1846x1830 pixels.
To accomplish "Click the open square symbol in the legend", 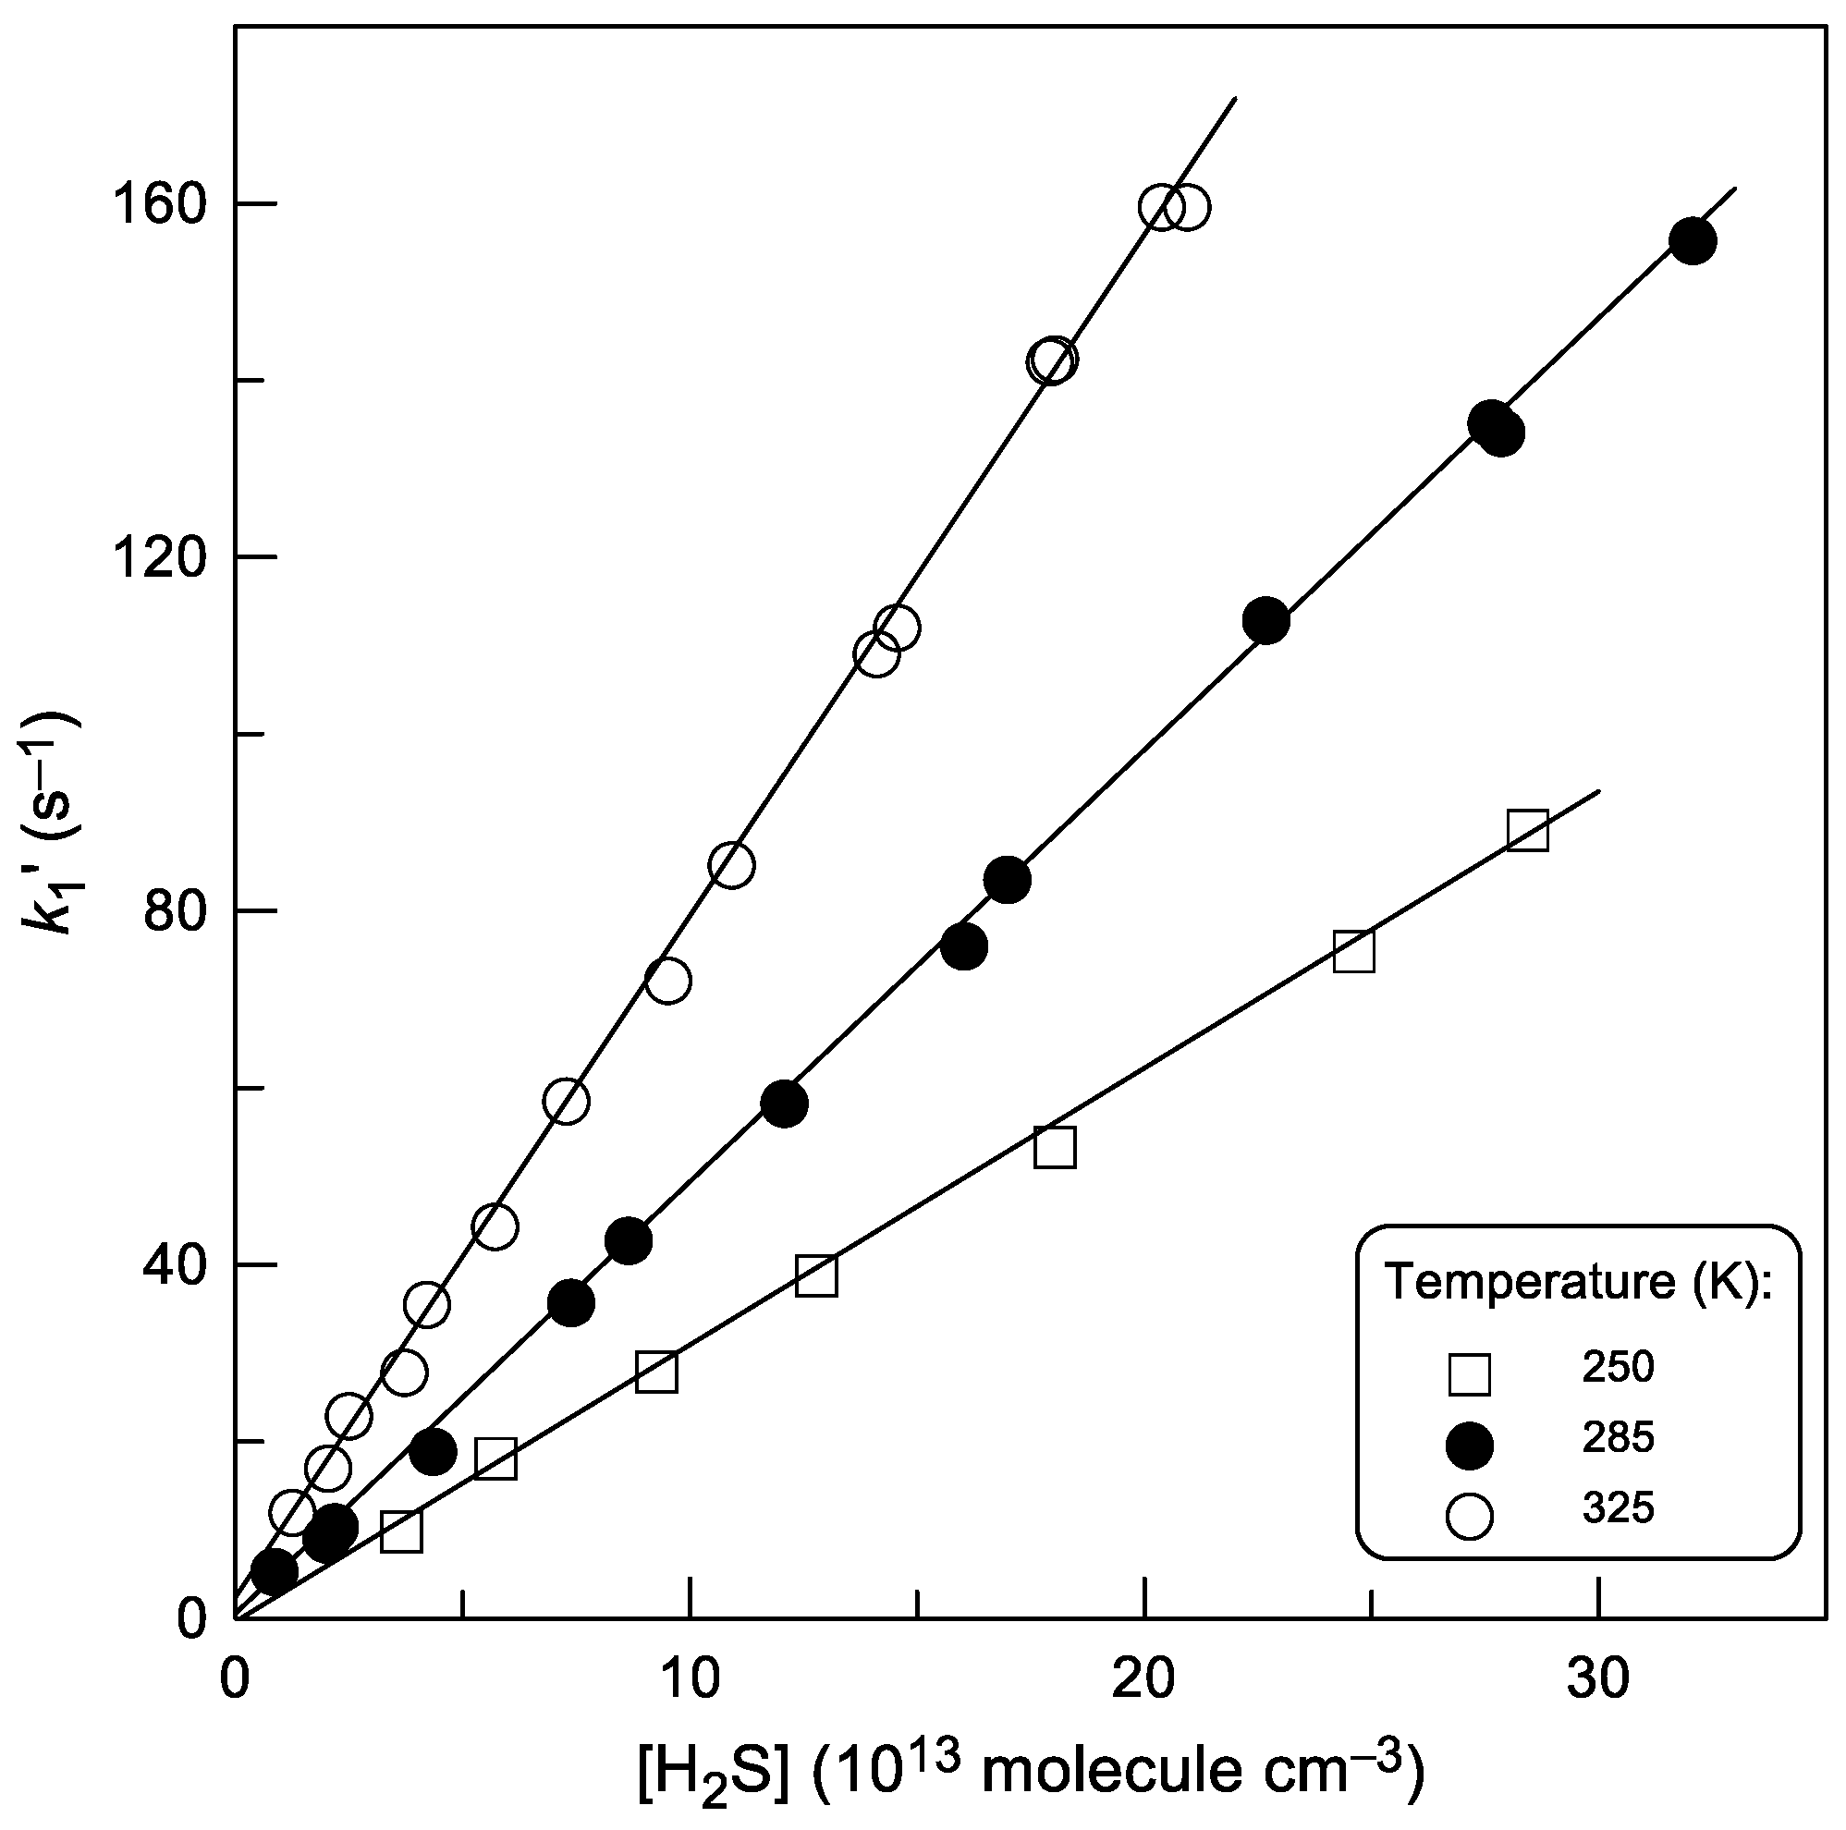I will click(1470, 1375).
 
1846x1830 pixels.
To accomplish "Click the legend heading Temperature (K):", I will click(1580, 1282).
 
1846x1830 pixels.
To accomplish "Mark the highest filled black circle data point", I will click(1693, 240).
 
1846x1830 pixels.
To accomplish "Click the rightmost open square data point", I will click(1528, 831).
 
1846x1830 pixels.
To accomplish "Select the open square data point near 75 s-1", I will click(1354, 951).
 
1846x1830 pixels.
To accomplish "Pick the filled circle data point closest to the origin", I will click(275, 1571).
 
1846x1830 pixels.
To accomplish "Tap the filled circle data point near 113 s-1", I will click(1266, 622).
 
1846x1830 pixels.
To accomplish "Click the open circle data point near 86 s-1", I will click(732, 865).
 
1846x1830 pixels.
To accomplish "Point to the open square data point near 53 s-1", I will click(1055, 1148).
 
